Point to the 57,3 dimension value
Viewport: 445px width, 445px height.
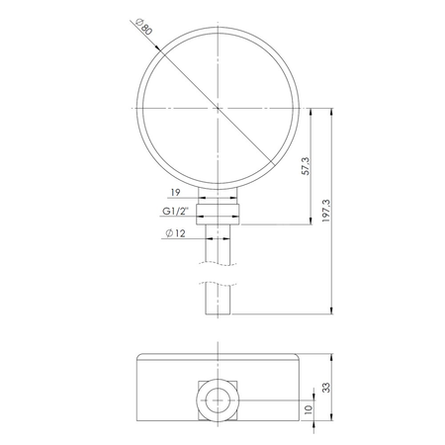tap(307, 165)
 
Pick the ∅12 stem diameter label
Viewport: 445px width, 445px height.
tap(175, 232)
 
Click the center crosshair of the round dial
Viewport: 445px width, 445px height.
tap(217, 109)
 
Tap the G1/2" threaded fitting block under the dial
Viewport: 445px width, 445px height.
tap(217, 212)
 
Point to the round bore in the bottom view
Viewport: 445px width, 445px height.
tap(217, 400)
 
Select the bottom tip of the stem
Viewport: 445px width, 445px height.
tap(217, 315)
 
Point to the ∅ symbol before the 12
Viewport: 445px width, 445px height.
tap(166, 232)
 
